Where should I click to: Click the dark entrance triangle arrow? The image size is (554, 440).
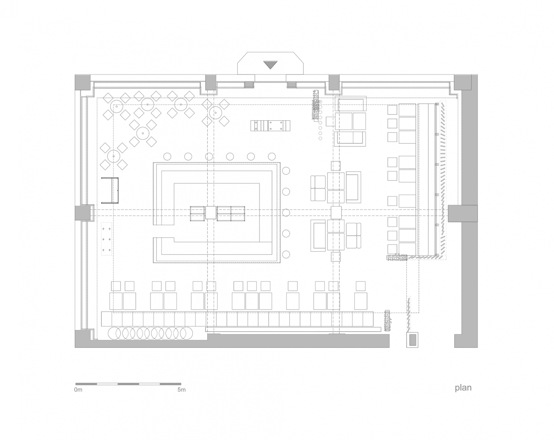coord(270,65)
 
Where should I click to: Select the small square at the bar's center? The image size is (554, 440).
coord(211,213)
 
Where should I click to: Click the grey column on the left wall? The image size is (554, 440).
coord(83,213)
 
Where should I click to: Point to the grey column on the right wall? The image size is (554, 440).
coord(463,213)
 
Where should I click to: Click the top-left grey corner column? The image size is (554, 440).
coord(83,82)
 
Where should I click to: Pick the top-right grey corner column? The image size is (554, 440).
coord(463,82)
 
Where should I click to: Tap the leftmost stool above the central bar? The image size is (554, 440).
coord(167,156)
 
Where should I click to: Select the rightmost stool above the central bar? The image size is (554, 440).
coord(272,156)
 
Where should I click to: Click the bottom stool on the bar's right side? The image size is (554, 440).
coord(286,254)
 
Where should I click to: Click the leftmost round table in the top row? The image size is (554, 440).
coord(117,106)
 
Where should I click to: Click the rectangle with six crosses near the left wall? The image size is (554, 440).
coord(106,239)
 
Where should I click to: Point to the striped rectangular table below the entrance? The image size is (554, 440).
coord(270,126)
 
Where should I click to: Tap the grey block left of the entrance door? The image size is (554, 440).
coord(249,84)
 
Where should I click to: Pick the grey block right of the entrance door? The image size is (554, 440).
coord(292,84)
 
